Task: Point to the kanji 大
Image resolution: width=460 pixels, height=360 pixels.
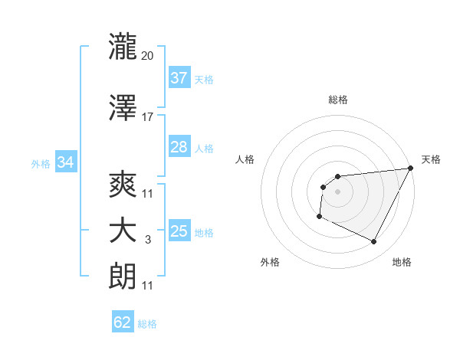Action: [123, 231]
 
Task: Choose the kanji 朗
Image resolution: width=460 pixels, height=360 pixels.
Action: [123, 276]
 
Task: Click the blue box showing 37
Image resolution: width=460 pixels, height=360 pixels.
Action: [179, 78]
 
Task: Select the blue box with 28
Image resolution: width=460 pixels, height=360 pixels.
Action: [179, 147]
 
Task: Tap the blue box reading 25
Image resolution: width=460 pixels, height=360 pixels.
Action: [179, 231]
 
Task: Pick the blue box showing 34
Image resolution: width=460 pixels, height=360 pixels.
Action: [65, 162]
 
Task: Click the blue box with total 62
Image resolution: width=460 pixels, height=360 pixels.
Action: [123, 322]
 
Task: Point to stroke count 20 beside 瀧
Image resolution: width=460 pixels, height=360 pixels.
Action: [148, 55]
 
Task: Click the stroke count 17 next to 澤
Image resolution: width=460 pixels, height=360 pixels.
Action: [148, 116]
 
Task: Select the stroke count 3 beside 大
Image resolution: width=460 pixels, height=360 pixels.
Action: [148, 241]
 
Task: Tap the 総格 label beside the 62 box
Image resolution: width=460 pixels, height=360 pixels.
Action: [147, 324]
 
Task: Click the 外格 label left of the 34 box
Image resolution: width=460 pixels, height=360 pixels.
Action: [41, 163]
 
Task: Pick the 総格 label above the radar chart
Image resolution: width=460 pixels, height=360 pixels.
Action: [337, 100]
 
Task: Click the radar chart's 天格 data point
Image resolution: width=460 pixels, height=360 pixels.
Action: [410, 169]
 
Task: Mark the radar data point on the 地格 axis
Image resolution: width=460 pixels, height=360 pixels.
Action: [374, 242]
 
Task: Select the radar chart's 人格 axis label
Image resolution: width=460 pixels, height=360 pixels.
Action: [245, 159]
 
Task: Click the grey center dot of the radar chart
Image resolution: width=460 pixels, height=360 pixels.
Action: [337, 191]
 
